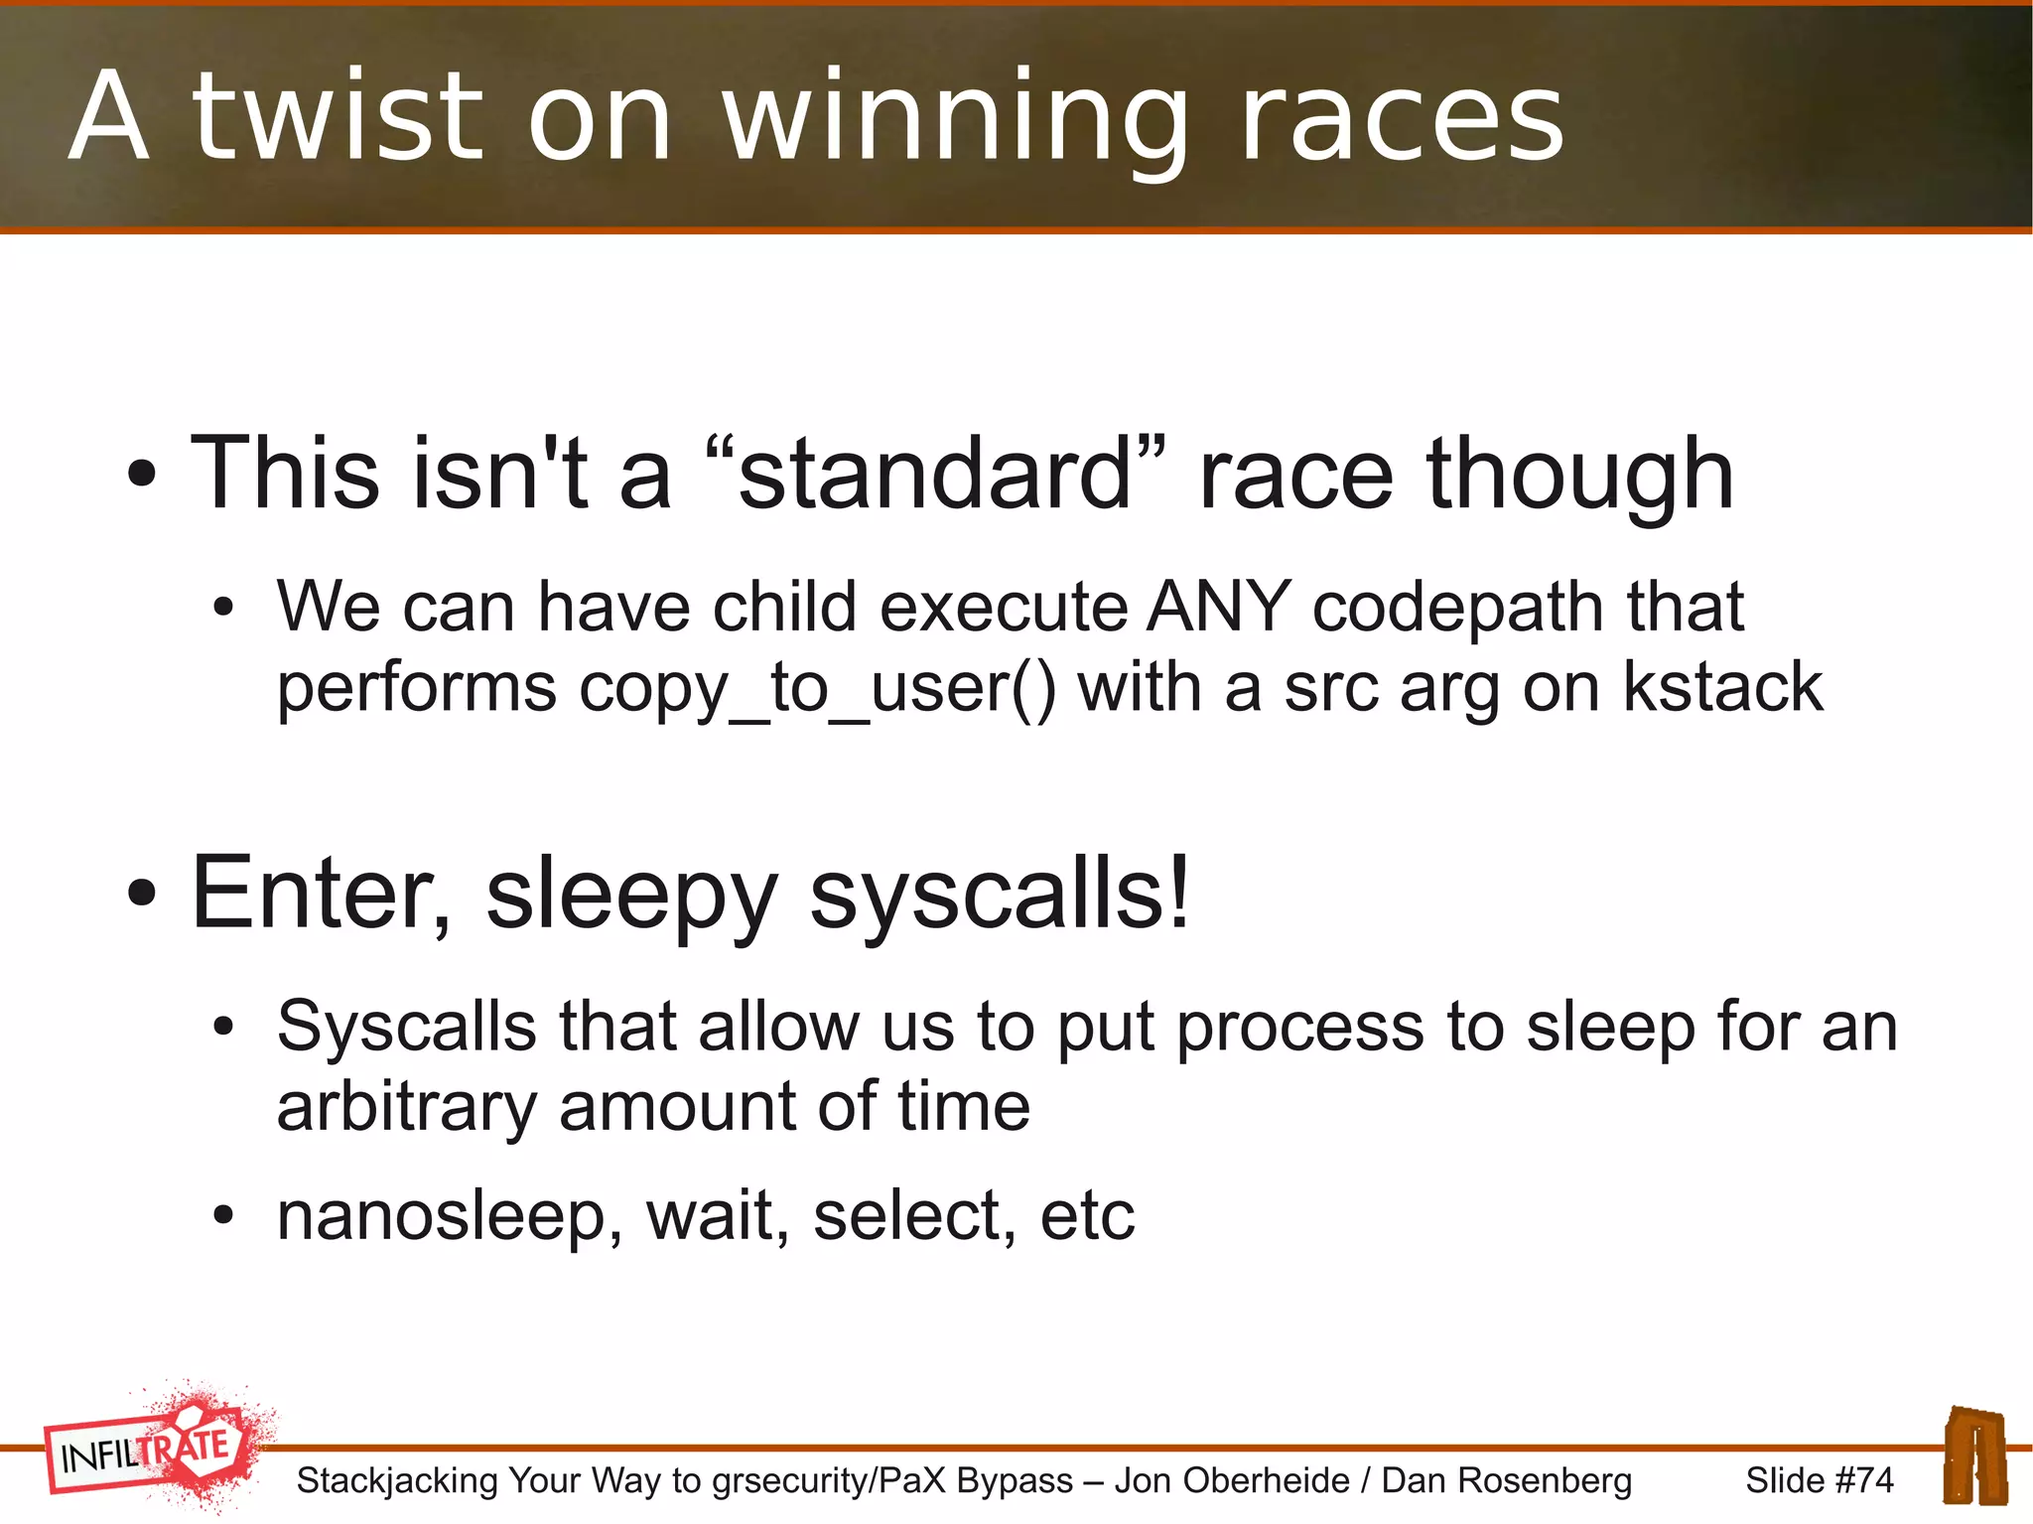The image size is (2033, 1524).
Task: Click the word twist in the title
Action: coord(338,117)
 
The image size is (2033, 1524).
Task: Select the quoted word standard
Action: coord(935,475)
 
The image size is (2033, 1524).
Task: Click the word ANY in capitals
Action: coord(1219,607)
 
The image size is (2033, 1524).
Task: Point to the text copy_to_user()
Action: coord(817,689)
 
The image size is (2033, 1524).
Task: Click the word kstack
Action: coord(1723,687)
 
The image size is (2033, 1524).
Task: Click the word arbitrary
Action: coord(406,1108)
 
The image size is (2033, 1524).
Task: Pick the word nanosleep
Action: coord(441,1217)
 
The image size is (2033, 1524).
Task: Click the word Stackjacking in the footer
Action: coord(397,1480)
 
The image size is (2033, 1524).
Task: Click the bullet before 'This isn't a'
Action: coord(142,475)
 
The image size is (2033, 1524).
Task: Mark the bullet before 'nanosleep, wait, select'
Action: coord(223,1215)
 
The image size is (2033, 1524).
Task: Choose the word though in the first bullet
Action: coord(1579,475)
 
